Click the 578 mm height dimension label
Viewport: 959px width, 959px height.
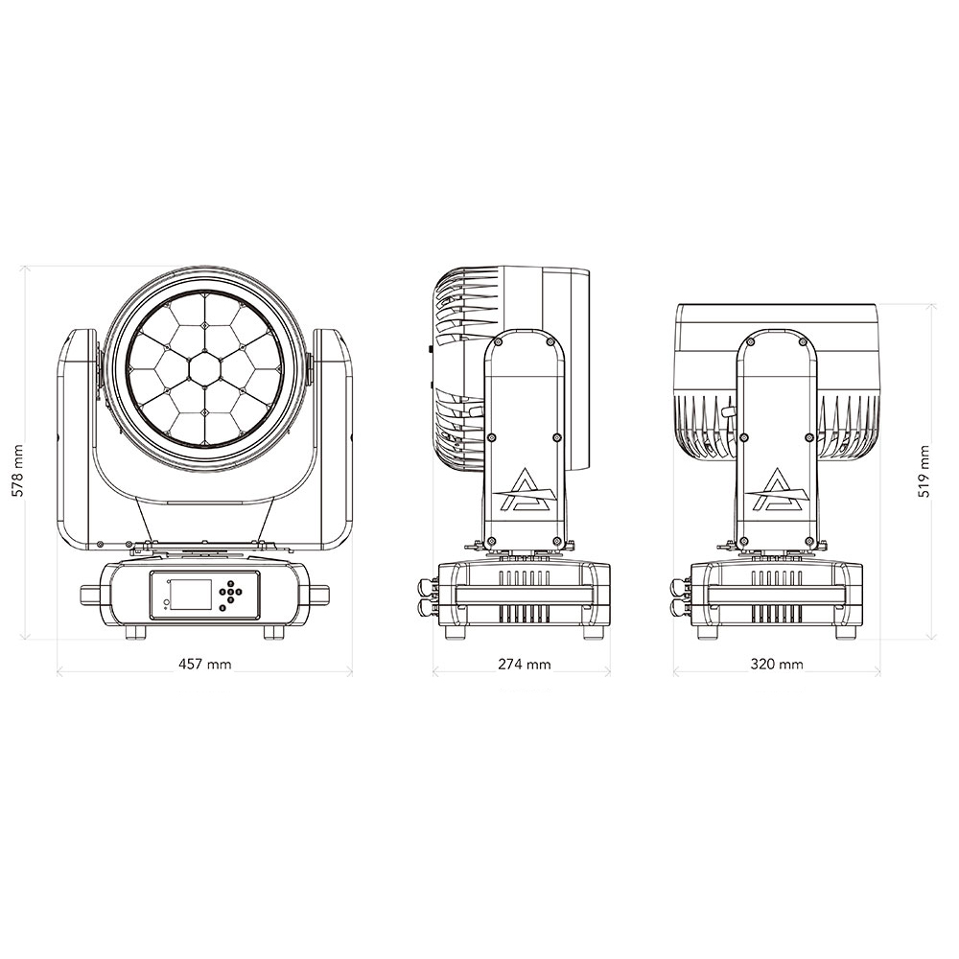tap(17, 471)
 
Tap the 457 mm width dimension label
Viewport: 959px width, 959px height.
tap(205, 665)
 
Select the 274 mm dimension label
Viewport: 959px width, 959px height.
tap(525, 665)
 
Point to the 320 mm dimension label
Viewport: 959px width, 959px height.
tap(777, 665)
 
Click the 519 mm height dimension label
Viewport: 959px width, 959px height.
tap(924, 471)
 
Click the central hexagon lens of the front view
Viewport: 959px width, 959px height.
tap(205, 369)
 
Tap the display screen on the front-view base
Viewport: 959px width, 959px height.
tap(190, 595)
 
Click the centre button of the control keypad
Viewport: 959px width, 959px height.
tap(230, 592)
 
